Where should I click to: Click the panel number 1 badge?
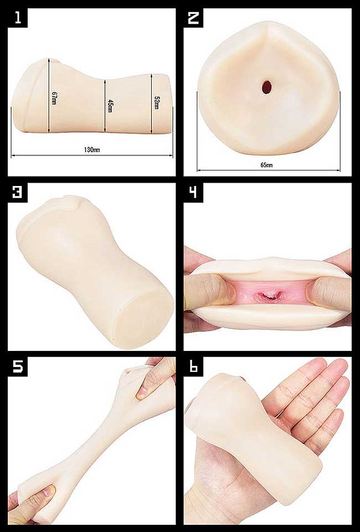coord(18,18)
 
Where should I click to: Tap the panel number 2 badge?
coord(193,18)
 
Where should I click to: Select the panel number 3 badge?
coord(18,193)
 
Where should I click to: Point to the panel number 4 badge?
coord(193,193)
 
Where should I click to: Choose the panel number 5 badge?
coord(18,367)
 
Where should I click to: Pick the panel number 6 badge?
coord(193,367)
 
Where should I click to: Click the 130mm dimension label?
coord(92,149)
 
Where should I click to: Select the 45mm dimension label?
coord(110,106)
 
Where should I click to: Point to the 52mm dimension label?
coord(156,103)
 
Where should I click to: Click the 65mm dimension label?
coord(266,165)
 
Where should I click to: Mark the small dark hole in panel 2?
coord(267,87)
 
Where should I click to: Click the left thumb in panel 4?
coord(210,291)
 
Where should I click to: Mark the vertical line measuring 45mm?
coord(105,106)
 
